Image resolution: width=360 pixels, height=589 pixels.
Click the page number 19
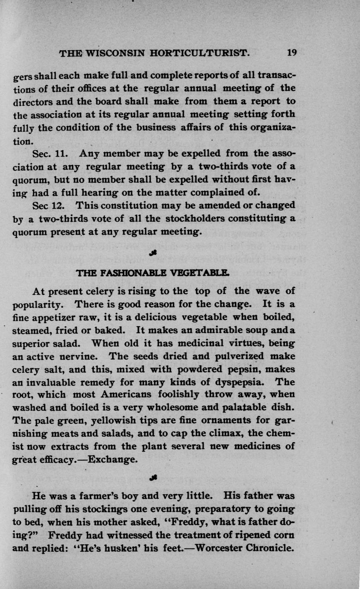pyautogui.click(x=292, y=53)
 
